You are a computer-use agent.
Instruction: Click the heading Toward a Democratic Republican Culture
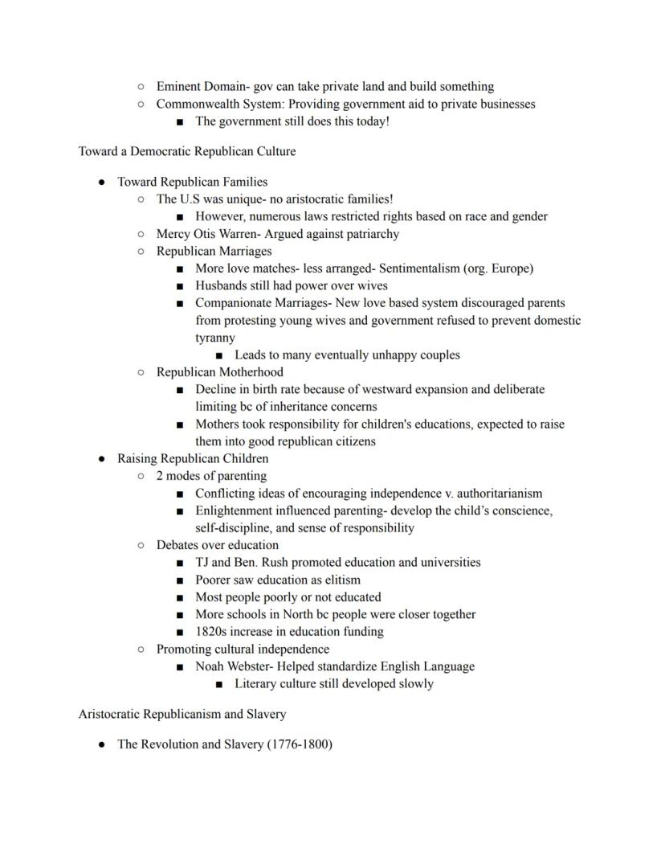(187, 151)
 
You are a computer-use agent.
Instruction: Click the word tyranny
(215, 338)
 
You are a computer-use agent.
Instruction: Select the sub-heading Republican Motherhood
(219, 372)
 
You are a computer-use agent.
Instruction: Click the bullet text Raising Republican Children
(193, 459)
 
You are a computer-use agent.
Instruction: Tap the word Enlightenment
(236, 511)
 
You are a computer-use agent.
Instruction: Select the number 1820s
(211, 632)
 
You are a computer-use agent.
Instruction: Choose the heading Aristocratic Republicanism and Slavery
(182, 714)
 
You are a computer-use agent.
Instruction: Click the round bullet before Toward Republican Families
(102, 182)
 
